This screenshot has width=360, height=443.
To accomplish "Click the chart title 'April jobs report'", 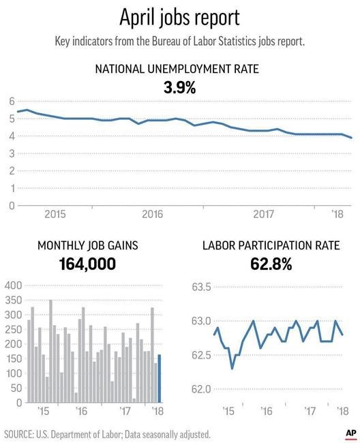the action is pyautogui.click(x=180, y=18).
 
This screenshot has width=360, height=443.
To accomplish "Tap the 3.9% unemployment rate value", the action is pyautogui.click(x=180, y=88).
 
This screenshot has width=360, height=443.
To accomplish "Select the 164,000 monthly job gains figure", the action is pyautogui.click(x=87, y=264).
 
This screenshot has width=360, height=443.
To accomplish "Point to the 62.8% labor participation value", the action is pyautogui.click(x=271, y=264).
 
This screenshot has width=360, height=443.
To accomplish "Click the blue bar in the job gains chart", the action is pyautogui.click(x=160, y=378).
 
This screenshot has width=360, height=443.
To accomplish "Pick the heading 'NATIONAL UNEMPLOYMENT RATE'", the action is pyautogui.click(x=177, y=69).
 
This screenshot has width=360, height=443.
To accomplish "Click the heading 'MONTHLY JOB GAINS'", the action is pyautogui.click(x=88, y=245).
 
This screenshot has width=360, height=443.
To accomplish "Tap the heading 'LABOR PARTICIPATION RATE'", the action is pyautogui.click(x=271, y=245).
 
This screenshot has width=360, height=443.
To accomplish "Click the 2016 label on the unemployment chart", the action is pyautogui.click(x=153, y=214).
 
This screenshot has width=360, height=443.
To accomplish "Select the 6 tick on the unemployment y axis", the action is pyautogui.click(x=12, y=101).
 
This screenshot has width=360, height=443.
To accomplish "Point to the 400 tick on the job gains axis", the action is pyautogui.click(x=13, y=286).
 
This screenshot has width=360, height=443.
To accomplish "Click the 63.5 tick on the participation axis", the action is pyautogui.click(x=201, y=287).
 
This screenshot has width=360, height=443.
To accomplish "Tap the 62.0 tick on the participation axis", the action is pyautogui.click(x=201, y=389).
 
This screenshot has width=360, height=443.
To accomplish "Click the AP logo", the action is pyautogui.click(x=350, y=433).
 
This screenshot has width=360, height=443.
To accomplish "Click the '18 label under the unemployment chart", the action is pyautogui.click(x=337, y=214).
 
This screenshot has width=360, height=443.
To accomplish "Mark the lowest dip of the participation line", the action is pyautogui.click(x=232, y=369).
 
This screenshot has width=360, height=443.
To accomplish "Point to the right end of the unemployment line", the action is pyautogui.click(x=351, y=138).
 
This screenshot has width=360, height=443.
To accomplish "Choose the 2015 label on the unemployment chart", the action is pyautogui.click(x=55, y=214).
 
